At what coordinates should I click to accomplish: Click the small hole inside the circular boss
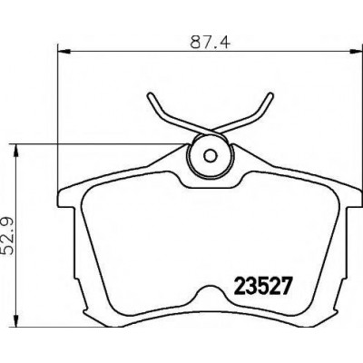tap(211, 155)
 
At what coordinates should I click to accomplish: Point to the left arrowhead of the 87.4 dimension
tap(64, 52)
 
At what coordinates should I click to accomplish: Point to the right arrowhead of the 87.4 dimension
tap(356, 52)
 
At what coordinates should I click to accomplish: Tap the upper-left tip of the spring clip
tap(150, 95)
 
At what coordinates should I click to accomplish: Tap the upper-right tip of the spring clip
tap(270, 95)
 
